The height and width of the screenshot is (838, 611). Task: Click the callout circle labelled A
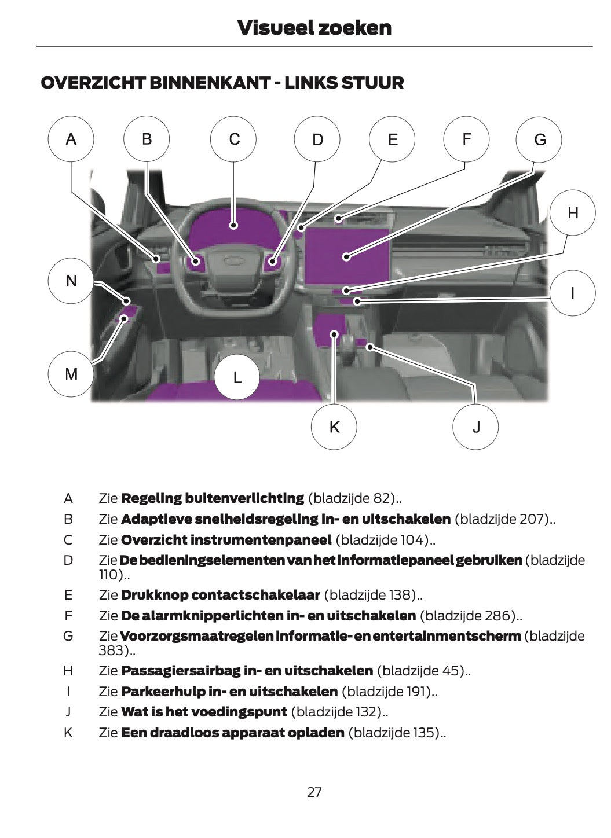click(71, 139)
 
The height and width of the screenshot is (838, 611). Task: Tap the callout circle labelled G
click(540, 139)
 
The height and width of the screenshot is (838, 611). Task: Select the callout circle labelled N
click(71, 281)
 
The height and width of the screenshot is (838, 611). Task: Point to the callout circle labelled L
click(237, 377)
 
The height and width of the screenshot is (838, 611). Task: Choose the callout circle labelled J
click(475, 427)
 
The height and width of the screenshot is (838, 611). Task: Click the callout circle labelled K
click(334, 427)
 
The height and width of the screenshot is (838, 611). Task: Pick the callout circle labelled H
click(572, 213)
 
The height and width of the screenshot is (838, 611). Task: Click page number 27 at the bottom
click(314, 792)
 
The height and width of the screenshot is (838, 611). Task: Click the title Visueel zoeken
click(314, 27)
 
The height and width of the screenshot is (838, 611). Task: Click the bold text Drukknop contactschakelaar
click(220, 595)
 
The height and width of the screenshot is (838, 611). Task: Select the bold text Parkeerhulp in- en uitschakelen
click(229, 692)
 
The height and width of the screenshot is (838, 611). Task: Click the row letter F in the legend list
click(68, 616)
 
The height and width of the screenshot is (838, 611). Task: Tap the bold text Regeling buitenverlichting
click(212, 498)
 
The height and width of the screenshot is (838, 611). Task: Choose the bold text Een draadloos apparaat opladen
click(232, 733)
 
